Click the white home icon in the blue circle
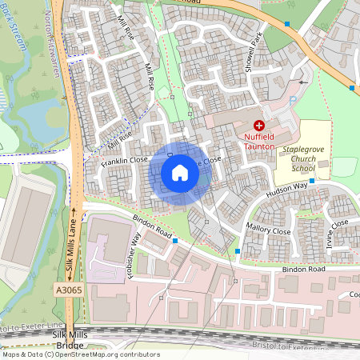180,172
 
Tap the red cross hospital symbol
258,126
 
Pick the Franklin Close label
126,160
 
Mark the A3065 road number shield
68,289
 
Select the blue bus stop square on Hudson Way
312,181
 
